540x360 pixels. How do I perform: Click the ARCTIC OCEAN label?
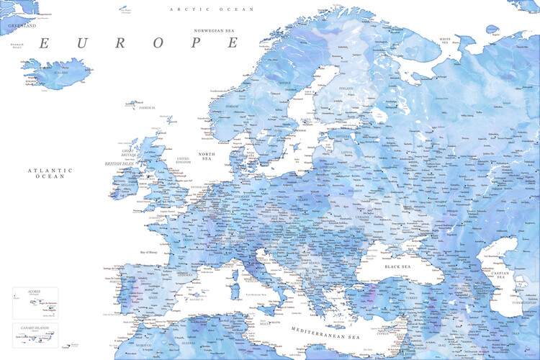point(202,9)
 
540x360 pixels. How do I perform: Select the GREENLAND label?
point(22,25)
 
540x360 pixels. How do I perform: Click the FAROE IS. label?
point(148,107)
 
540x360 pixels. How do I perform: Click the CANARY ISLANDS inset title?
point(34,328)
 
